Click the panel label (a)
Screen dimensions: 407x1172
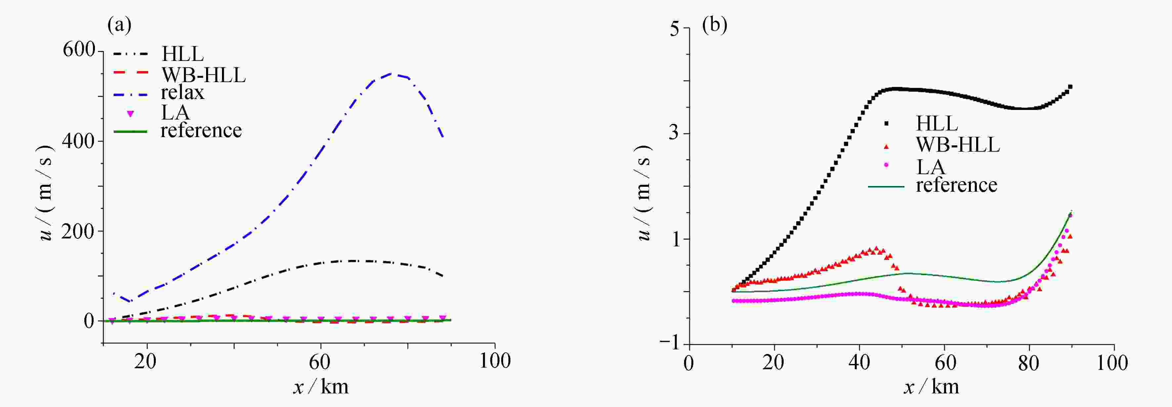tap(119, 25)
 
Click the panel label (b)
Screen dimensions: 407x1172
tap(714, 25)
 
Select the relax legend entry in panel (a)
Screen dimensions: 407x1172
tap(183, 93)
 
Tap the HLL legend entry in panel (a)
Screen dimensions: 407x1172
tap(183, 54)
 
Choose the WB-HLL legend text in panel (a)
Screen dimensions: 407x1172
tap(203, 74)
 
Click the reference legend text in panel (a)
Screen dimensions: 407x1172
tap(201, 131)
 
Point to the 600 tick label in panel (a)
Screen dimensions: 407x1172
tap(79, 50)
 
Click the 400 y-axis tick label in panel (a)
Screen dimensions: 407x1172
tap(79, 141)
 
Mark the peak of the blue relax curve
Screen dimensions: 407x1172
tap(391, 73)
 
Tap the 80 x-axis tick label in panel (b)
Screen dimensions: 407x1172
tap(1028, 363)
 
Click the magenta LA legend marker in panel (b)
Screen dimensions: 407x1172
tap(886, 165)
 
